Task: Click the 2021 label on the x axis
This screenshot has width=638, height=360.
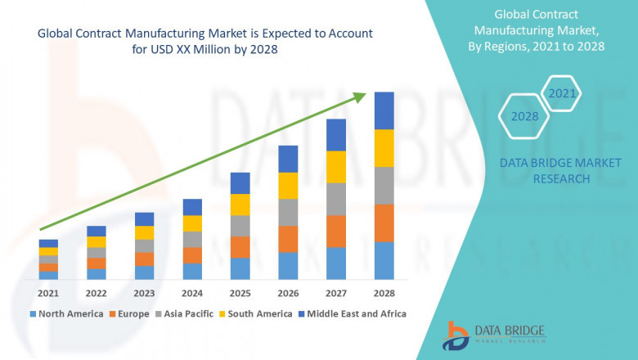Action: [x=48, y=293]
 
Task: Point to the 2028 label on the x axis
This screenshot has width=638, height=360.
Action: [x=384, y=293]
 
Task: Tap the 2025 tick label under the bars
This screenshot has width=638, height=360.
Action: [x=240, y=293]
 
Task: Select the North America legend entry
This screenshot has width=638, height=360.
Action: [x=66, y=313]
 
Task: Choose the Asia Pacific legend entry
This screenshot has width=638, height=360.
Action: [x=187, y=313]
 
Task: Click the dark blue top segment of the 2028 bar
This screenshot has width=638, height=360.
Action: [x=384, y=110]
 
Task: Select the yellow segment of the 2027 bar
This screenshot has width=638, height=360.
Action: [x=336, y=167]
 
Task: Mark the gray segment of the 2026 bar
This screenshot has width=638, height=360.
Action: [x=288, y=212]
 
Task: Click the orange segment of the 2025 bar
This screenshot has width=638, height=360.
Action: [x=240, y=247]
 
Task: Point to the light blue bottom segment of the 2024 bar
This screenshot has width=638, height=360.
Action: [x=192, y=272]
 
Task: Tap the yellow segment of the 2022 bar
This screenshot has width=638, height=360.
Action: [x=97, y=241]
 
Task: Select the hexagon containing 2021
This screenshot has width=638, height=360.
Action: [x=561, y=93]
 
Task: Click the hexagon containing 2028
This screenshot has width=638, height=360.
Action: [x=524, y=116]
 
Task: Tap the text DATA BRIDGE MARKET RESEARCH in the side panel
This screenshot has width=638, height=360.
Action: [x=544, y=171]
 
